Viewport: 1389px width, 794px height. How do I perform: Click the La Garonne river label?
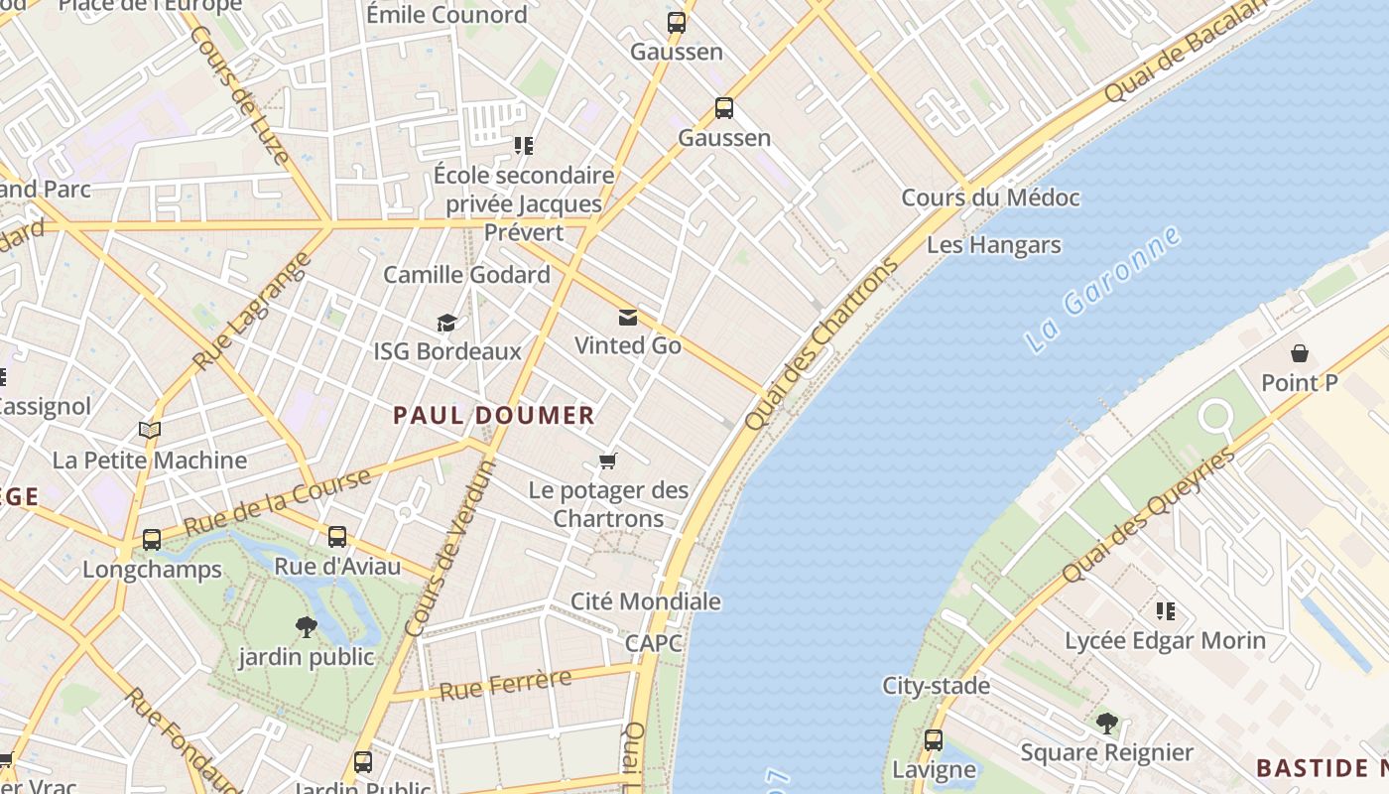pyautogui.click(x=1102, y=290)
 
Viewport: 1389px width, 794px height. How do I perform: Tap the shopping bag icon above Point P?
pyautogui.click(x=1299, y=353)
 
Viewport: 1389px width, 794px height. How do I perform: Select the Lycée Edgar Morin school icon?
pyautogui.click(x=1165, y=611)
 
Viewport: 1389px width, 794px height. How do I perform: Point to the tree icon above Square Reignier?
pyautogui.click(x=1106, y=724)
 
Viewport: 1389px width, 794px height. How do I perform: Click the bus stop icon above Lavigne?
pyautogui.click(x=934, y=740)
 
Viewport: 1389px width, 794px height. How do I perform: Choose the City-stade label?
pyautogui.click(x=936, y=686)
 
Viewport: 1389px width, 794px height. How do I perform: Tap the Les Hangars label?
pyautogui.click(x=993, y=245)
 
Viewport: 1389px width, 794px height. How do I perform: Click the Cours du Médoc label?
pyautogui.click(x=989, y=198)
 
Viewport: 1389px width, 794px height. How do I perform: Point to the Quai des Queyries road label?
pyautogui.click(x=1148, y=515)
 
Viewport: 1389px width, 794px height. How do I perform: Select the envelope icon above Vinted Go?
pyautogui.click(x=627, y=318)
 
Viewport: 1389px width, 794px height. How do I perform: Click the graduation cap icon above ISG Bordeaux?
pyautogui.click(x=446, y=323)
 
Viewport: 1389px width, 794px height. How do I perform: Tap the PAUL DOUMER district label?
pyautogui.click(x=494, y=416)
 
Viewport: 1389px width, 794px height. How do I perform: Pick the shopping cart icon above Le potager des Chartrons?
pyautogui.click(x=608, y=461)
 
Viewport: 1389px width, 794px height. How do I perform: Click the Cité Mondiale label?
pyautogui.click(x=645, y=601)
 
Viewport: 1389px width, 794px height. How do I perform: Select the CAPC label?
pyautogui.click(x=654, y=643)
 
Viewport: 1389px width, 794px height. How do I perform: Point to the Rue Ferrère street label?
pyautogui.click(x=505, y=685)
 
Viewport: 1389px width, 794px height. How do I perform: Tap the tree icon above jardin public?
pyautogui.click(x=306, y=627)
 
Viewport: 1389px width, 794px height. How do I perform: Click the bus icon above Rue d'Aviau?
pyautogui.click(x=337, y=537)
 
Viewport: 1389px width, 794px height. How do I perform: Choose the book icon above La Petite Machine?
pyautogui.click(x=150, y=431)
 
